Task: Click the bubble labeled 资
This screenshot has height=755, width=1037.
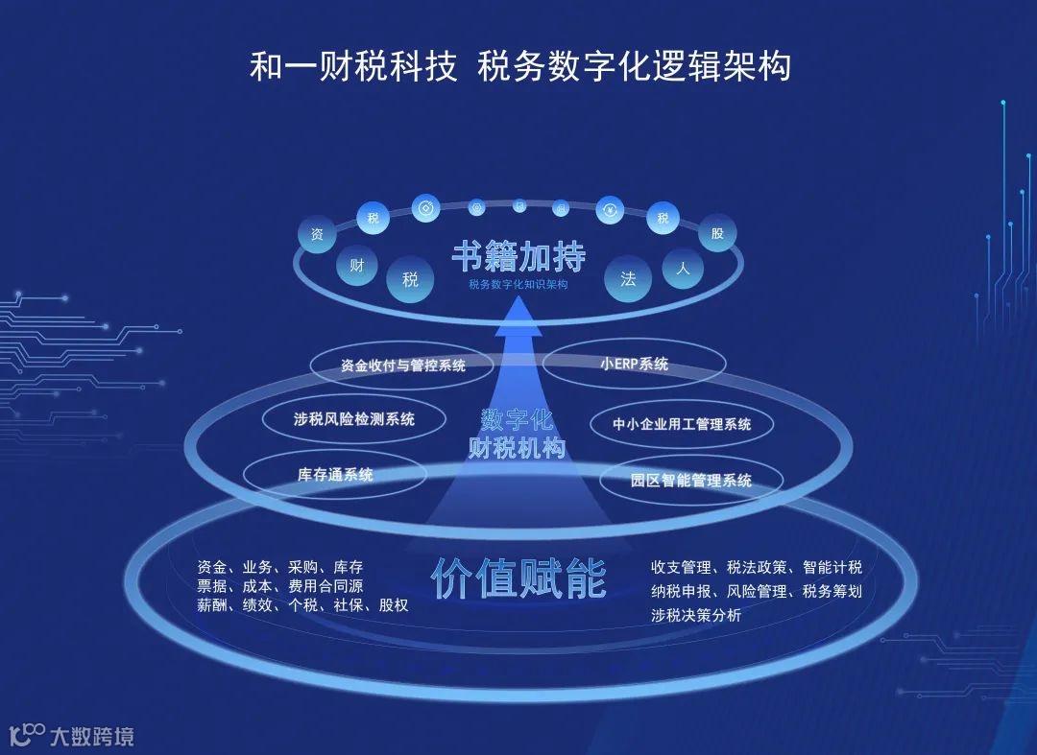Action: click(316, 234)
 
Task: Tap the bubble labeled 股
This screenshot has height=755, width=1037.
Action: click(717, 233)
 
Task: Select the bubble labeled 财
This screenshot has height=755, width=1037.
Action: click(356, 266)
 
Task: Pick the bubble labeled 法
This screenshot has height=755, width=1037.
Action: click(628, 279)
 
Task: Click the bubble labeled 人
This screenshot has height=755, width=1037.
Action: click(683, 269)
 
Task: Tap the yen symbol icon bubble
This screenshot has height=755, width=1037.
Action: click(611, 210)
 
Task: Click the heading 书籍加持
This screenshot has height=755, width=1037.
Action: click(518, 257)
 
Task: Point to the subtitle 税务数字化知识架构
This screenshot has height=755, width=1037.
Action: click(518, 284)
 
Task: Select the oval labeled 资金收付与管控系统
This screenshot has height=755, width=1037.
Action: click(403, 366)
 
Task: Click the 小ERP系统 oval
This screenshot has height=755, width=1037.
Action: click(634, 365)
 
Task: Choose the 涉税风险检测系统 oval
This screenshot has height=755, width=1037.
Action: click(354, 419)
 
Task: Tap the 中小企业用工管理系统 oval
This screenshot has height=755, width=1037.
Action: click(682, 423)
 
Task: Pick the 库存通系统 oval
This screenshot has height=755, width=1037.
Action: click(335, 474)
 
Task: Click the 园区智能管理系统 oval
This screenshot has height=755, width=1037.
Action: click(691, 480)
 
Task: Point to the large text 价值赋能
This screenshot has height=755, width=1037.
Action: click(518, 578)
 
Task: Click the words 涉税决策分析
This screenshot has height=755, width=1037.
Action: click(696, 616)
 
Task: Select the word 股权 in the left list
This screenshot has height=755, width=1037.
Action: click(394, 605)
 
